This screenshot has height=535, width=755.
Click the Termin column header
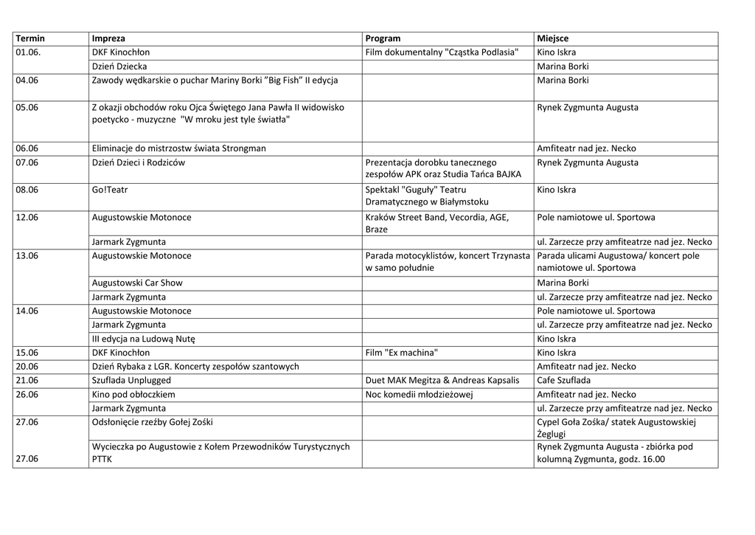[30, 38]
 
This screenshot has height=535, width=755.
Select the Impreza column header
[108, 38]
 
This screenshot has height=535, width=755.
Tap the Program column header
[383, 38]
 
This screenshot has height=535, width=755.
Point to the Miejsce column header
[553, 38]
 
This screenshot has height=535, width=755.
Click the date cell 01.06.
[29, 52]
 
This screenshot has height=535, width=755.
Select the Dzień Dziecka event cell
[119, 66]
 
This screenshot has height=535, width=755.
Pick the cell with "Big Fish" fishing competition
[215, 80]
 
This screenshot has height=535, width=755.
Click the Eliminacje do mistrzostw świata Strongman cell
[179, 148]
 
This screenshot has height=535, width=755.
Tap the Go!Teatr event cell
[110, 190]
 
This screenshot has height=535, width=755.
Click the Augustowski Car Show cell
[137, 283]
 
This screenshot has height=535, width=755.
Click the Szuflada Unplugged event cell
[131, 380]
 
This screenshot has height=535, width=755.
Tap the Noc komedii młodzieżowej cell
[419, 394]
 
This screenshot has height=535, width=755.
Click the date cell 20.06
[27, 366]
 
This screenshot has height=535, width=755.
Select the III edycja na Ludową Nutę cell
[143, 339]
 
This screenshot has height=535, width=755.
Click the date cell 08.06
[27, 190]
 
